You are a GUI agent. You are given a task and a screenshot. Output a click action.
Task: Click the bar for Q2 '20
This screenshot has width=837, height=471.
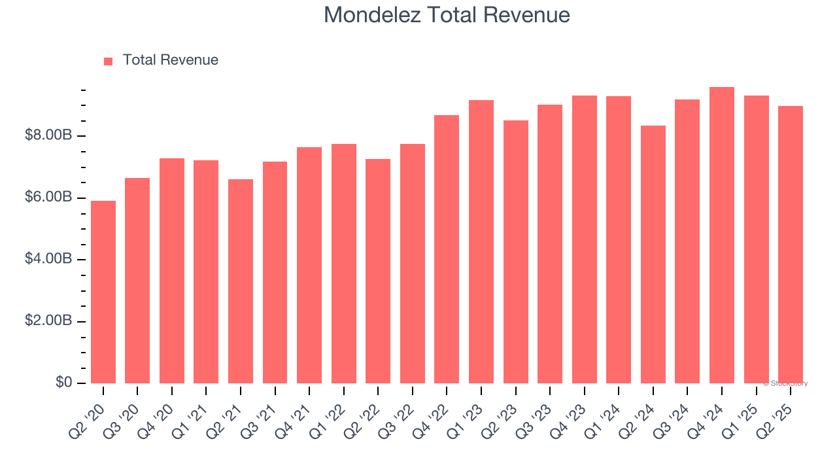(x=103, y=292)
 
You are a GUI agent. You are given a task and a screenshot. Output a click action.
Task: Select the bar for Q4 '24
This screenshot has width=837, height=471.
(x=722, y=235)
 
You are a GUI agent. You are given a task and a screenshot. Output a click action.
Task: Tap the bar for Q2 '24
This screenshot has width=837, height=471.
(x=653, y=254)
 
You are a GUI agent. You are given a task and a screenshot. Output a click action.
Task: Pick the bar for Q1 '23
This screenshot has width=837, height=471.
(x=481, y=241)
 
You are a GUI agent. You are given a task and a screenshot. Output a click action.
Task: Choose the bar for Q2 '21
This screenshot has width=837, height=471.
(x=241, y=281)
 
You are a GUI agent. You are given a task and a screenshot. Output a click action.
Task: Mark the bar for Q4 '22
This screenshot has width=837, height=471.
(x=447, y=249)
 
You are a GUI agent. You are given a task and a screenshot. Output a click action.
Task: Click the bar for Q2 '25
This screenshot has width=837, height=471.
(x=791, y=245)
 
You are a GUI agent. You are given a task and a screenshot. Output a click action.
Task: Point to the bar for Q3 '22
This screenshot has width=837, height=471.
(x=413, y=264)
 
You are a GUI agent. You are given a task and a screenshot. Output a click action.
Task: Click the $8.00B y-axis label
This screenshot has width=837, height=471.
(x=48, y=135)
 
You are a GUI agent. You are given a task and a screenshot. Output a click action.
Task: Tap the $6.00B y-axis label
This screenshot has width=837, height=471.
(x=48, y=198)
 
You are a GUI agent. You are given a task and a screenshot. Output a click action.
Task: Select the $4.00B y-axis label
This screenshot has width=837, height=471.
(x=48, y=259)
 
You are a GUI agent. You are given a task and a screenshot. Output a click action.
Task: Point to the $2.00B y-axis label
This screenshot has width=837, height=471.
(x=48, y=321)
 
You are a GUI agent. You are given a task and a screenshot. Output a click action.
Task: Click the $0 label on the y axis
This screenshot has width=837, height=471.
(x=63, y=383)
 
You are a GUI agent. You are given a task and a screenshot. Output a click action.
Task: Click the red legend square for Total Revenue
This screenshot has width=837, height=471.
(x=109, y=61)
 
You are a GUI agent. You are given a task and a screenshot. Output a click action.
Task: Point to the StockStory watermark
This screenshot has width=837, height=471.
(x=785, y=383)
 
